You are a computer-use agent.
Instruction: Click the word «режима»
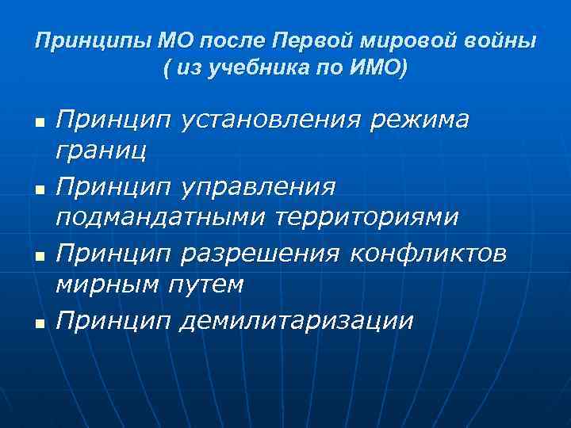coord(420,120)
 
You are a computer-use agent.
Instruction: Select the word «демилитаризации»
coord(297,320)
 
